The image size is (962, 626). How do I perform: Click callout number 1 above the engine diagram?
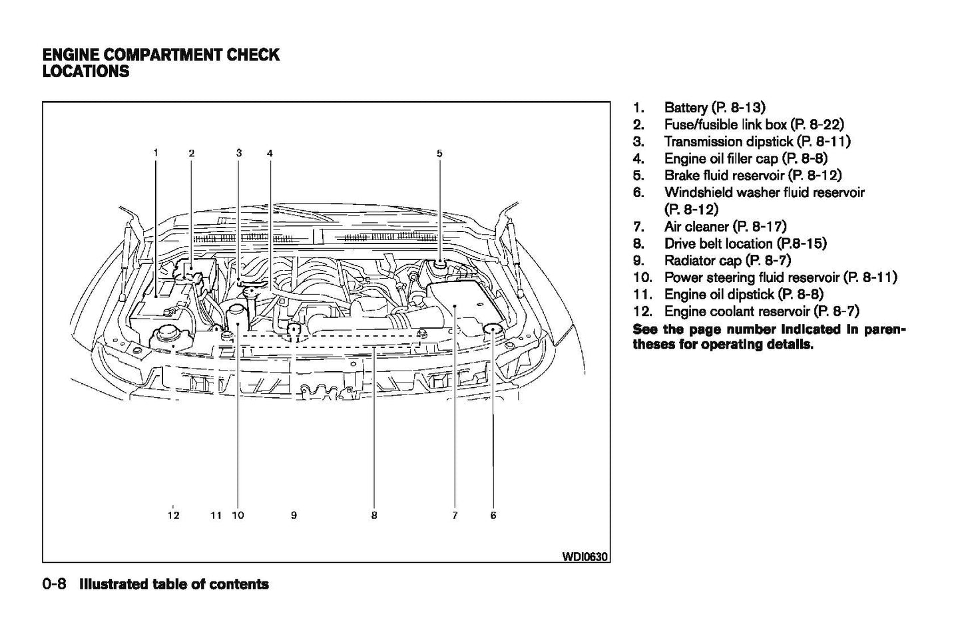pyautogui.click(x=156, y=152)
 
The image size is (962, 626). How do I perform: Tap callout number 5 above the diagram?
pyautogui.click(x=439, y=153)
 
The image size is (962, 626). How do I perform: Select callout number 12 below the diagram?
pyautogui.click(x=173, y=515)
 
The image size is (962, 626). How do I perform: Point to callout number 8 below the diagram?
pyautogui.click(x=374, y=515)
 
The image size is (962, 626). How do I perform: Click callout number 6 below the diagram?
pyautogui.click(x=493, y=515)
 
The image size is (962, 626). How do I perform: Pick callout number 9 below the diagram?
pyautogui.click(x=294, y=515)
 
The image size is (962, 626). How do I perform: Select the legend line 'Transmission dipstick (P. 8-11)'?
pyautogui.click(x=757, y=142)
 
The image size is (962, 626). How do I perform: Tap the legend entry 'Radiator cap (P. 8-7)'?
pyautogui.click(x=727, y=261)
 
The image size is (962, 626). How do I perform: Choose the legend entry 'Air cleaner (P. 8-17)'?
pyautogui.click(x=725, y=227)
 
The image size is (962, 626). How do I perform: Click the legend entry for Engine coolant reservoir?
pyautogui.click(x=761, y=311)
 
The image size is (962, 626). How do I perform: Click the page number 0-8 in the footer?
pyautogui.click(x=54, y=584)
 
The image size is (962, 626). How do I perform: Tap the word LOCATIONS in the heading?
pyautogui.click(x=85, y=71)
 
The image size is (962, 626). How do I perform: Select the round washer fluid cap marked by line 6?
pyautogui.click(x=493, y=328)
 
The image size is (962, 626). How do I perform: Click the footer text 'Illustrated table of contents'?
pyautogui.click(x=174, y=584)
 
